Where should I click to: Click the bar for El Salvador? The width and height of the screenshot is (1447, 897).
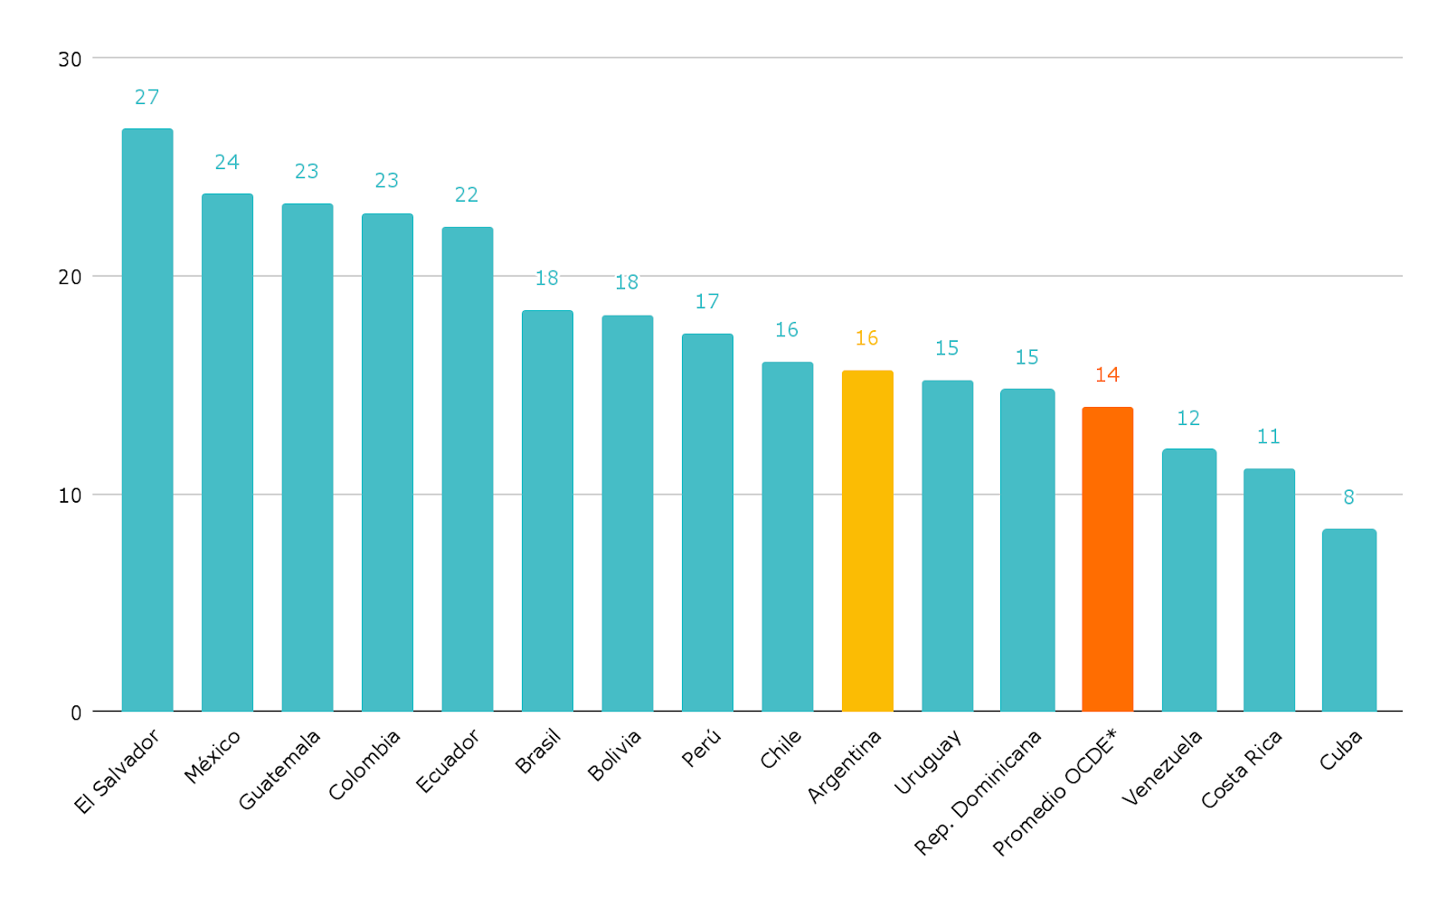tap(147, 420)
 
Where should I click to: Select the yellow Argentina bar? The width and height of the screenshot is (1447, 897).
tap(867, 541)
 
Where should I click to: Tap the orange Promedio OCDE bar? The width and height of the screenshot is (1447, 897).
tap(1107, 559)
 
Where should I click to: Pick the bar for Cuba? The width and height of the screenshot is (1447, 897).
tap(1348, 620)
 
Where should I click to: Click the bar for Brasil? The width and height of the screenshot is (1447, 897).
tap(547, 511)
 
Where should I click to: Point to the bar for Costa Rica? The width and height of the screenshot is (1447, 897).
tap(1269, 590)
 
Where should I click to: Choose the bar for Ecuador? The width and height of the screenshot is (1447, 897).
tap(467, 468)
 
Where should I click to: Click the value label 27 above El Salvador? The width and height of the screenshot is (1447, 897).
tap(147, 97)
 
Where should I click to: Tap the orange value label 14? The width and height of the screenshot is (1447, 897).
tap(1107, 374)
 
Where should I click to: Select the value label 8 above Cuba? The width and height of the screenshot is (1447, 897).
tap(1348, 497)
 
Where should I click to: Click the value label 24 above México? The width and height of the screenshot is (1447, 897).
tap(227, 162)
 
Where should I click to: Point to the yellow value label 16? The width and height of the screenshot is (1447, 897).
tap(866, 338)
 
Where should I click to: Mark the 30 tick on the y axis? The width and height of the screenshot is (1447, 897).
tap(70, 60)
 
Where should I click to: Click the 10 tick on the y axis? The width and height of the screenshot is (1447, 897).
tap(70, 496)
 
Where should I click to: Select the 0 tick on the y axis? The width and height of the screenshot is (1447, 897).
tap(76, 713)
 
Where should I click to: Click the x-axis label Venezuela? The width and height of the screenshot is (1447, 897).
tap(1162, 768)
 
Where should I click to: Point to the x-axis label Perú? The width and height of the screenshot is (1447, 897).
tap(702, 748)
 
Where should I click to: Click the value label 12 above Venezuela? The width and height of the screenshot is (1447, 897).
tap(1188, 418)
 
